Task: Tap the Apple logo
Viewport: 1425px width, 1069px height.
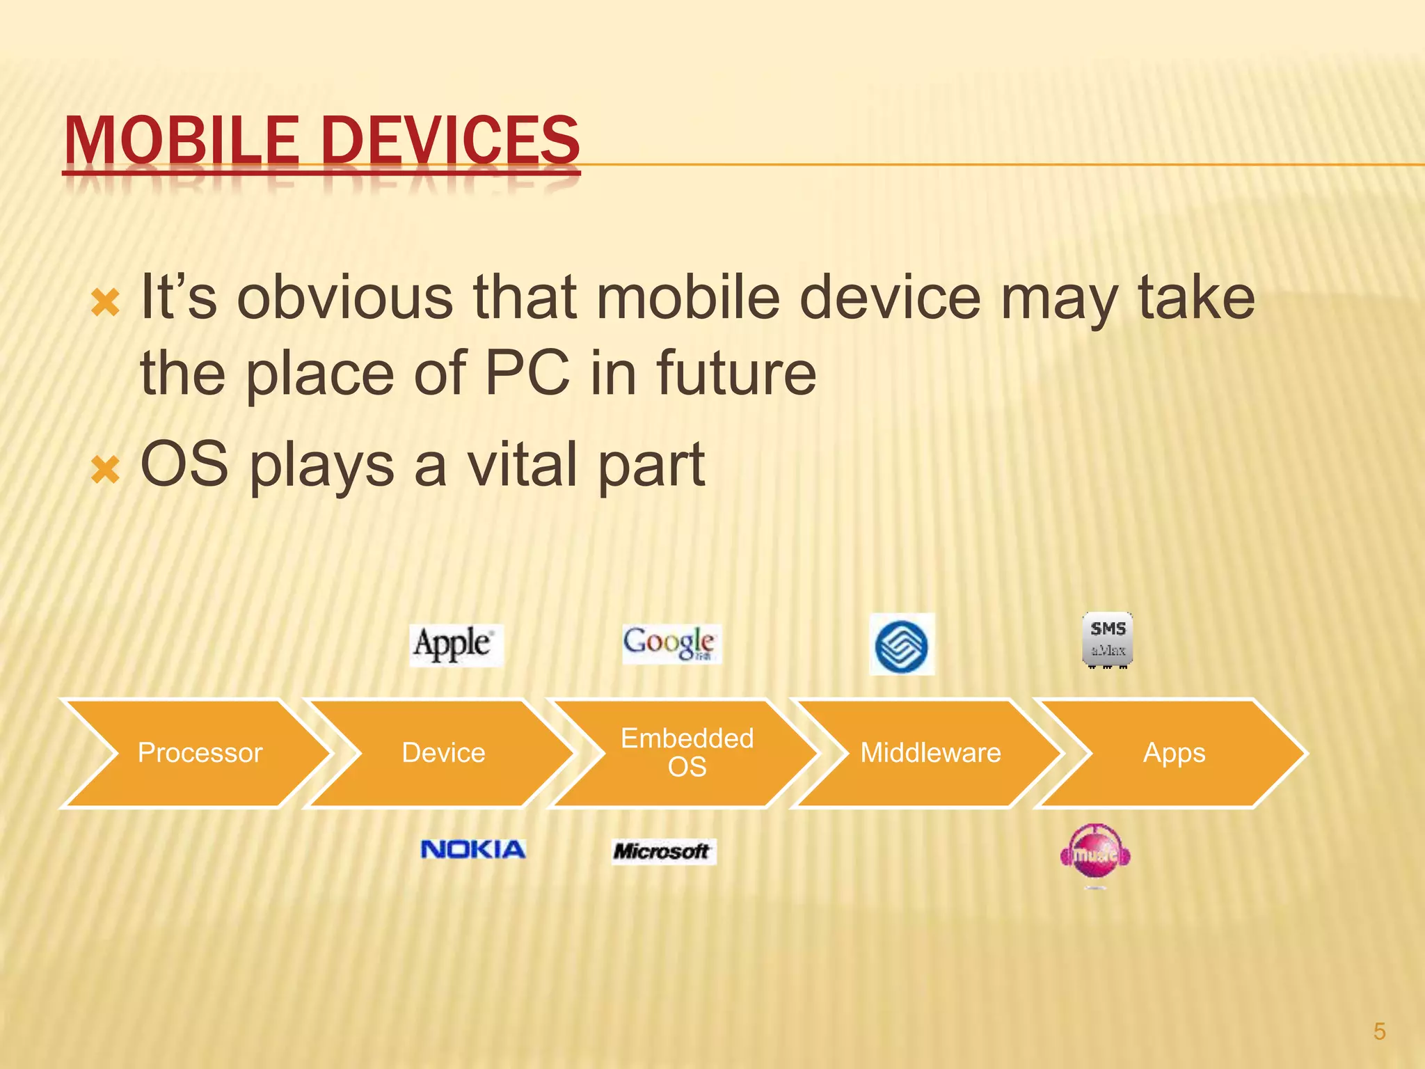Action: pos(455,644)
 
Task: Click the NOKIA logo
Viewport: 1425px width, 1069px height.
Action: pos(473,849)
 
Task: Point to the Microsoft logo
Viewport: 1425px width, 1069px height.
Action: pos(662,851)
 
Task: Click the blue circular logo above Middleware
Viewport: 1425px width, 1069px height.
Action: pos(901,645)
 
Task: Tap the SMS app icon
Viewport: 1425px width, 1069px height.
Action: pos(1108,640)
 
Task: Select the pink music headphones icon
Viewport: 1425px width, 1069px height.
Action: pos(1095,854)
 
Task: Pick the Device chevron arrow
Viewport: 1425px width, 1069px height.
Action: pos(443,753)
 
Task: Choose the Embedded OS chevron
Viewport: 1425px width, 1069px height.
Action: pos(687,753)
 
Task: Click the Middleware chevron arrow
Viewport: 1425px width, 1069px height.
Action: pos(930,753)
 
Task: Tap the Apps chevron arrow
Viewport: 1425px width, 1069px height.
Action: pos(1174,753)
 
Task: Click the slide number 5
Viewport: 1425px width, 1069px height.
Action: pos(1379,1031)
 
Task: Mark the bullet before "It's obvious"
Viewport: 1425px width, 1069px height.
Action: pos(106,303)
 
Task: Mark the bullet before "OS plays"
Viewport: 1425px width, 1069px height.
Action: pos(106,470)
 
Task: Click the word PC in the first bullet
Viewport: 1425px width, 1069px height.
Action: pos(527,373)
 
